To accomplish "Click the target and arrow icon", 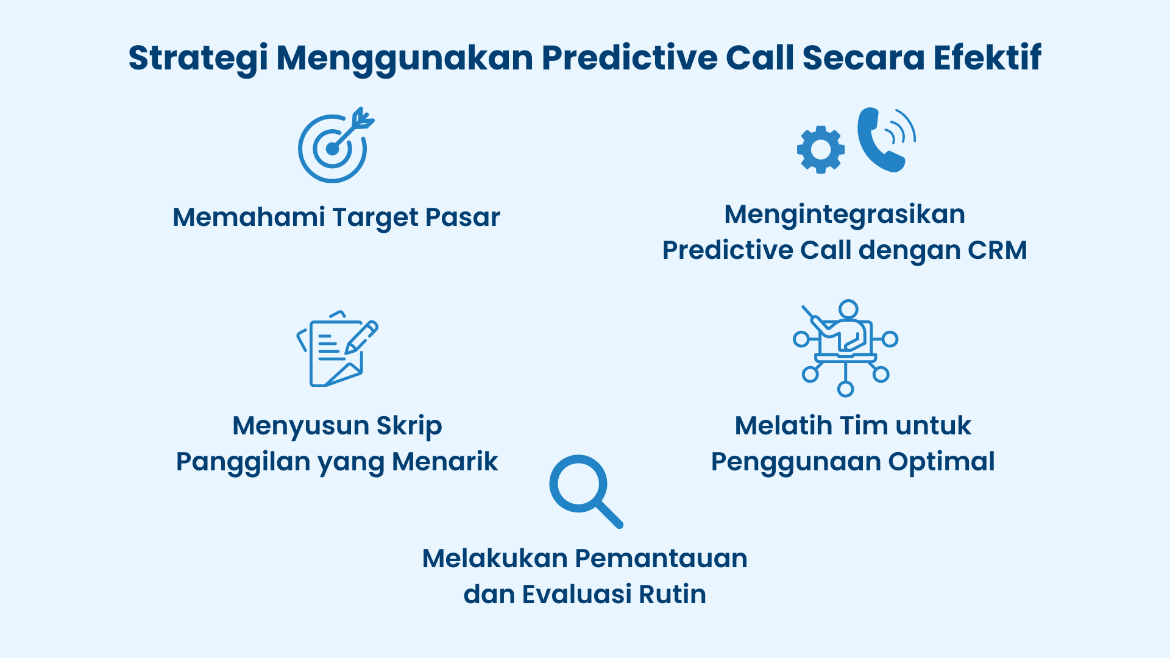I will point(335,146).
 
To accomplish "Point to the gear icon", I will point(821,149).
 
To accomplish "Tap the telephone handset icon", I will point(881,140).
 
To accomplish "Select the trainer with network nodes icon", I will point(845,347).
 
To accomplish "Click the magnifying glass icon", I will point(585,490).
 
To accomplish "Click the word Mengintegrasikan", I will point(845,214).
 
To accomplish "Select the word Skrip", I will point(409,426).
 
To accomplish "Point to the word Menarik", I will point(445,462).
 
